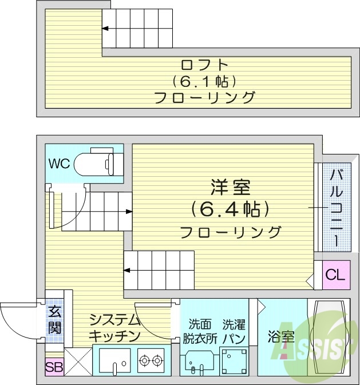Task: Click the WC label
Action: [x=59, y=164]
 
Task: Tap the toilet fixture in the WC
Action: [x=102, y=164]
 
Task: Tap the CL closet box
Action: [x=335, y=275]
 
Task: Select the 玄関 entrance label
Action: [x=55, y=320]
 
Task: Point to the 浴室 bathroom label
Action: [x=281, y=337]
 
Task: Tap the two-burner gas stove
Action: [x=151, y=360]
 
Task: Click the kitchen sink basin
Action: [x=114, y=360]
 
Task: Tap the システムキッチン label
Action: [x=114, y=328]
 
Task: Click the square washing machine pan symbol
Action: [x=234, y=360]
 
